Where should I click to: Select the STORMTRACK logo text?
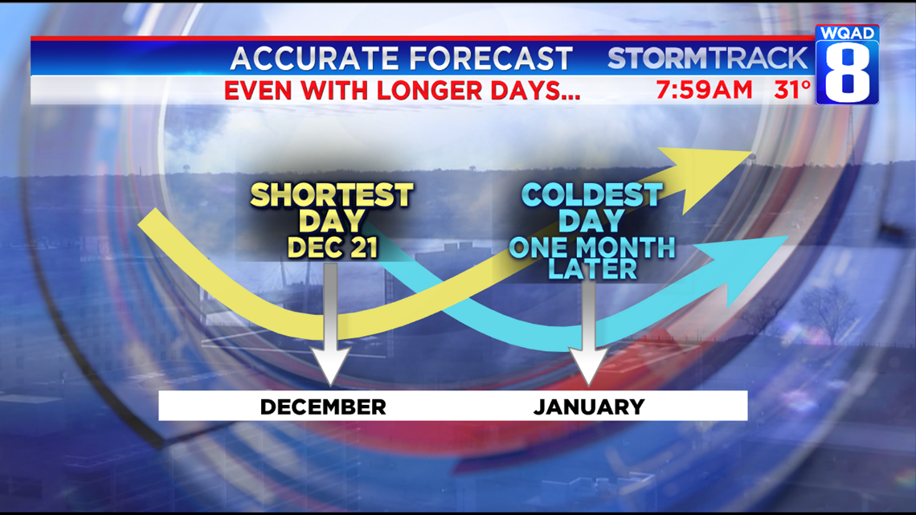[x=707, y=58]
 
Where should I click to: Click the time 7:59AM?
[x=704, y=90]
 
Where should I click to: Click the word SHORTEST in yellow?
[x=332, y=195]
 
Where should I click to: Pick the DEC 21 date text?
[x=332, y=247]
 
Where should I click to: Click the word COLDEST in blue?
[x=592, y=195]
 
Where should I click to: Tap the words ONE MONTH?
[x=592, y=247]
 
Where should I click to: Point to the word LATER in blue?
[x=592, y=269]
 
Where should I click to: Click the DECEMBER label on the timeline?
[x=323, y=407]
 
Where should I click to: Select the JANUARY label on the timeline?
[x=589, y=407]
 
